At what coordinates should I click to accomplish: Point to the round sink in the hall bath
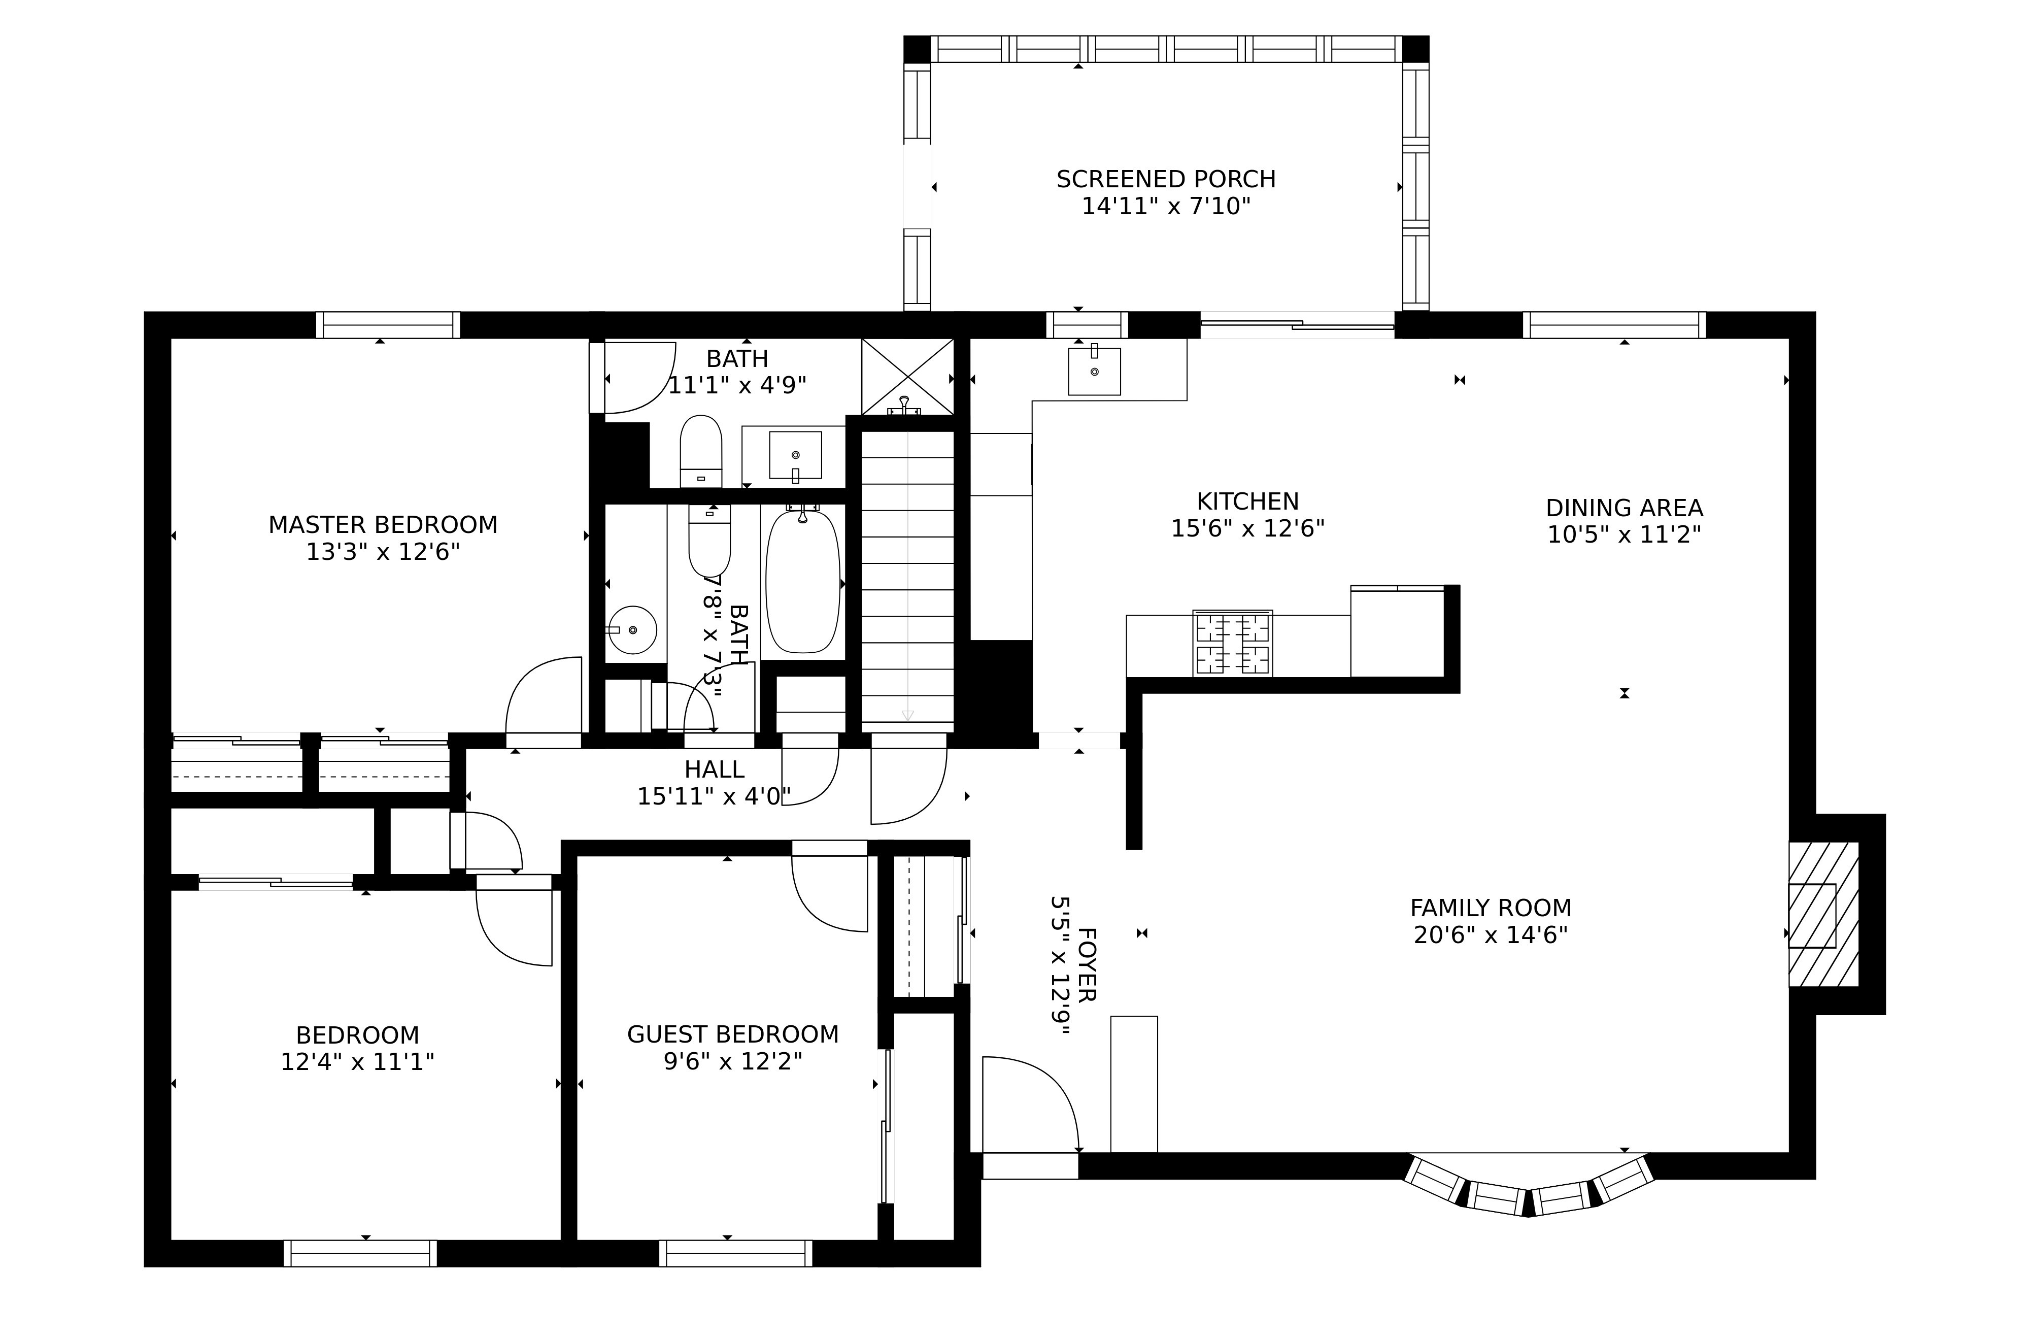[x=632, y=630]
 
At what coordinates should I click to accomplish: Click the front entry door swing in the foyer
[x=1029, y=1106]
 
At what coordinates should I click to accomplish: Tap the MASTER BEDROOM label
[x=383, y=524]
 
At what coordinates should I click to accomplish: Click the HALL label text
[x=714, y=769]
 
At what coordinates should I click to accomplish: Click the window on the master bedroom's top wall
[x=388, y=325]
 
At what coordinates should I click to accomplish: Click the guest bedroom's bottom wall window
[x=735, y=1253]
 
